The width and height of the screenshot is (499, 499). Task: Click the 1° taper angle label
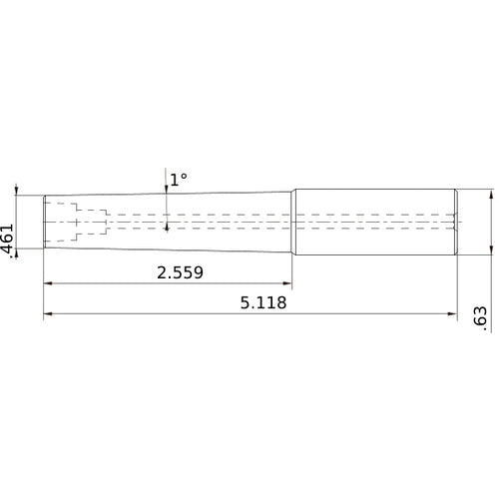(179, 180)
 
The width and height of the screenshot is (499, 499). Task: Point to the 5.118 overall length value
(262, 303)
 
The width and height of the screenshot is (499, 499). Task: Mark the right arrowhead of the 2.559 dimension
(286, 284)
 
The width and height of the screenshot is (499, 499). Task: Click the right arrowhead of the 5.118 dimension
(450, 316)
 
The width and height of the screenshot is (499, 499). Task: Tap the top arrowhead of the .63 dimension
(490, 196)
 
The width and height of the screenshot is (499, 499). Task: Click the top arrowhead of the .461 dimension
(17, 191)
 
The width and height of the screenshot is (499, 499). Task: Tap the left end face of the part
(44, 221)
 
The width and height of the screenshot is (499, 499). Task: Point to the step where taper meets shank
(293, 221)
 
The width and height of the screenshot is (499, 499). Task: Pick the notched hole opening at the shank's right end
(454, 221)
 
